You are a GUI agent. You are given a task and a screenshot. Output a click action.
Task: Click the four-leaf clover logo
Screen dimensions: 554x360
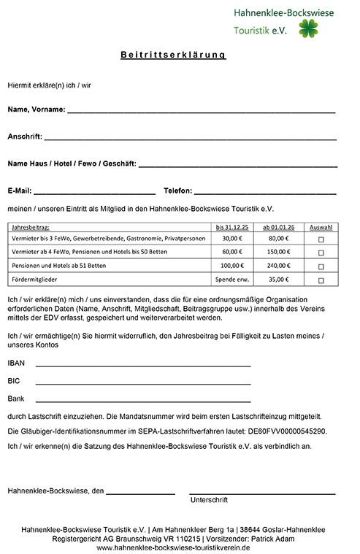(309, 29)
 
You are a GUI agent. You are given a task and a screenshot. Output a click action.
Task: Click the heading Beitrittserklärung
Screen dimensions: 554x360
(173, 55)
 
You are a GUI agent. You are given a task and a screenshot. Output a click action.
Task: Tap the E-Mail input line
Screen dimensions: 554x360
(94, 191)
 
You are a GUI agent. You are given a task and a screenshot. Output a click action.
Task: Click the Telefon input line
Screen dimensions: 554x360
(265, 191)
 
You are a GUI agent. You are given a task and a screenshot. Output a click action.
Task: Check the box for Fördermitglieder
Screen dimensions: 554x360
(321, 280)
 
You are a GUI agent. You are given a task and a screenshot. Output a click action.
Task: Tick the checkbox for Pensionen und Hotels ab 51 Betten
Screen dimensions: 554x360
(321, 266)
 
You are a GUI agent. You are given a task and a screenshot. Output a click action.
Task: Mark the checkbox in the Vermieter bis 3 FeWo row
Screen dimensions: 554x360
(321, 239)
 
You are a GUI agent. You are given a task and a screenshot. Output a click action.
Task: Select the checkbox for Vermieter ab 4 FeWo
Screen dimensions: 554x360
(321, 252)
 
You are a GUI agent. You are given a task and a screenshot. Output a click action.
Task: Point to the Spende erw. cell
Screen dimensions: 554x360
(231, 280)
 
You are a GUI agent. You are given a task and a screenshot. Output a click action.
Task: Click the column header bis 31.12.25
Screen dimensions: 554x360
(231, 227)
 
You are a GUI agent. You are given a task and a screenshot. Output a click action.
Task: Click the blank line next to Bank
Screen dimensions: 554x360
(142, 400)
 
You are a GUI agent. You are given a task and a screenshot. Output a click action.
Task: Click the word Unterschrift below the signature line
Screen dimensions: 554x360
(209, 501)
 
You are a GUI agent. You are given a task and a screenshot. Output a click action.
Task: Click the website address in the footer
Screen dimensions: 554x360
(173, 547)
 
